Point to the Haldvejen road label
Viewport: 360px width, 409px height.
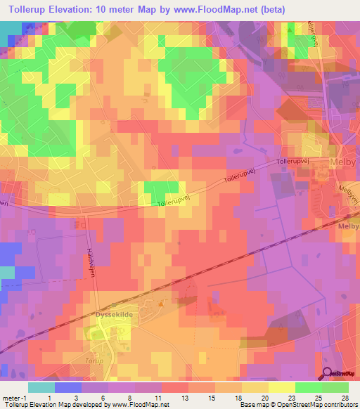pyautogui.click(x=91, y=265)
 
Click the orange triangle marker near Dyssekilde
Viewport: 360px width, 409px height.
pyautogui.click(x=161, y=304)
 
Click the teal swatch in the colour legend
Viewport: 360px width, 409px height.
pyautogui.click(x=41, y=387)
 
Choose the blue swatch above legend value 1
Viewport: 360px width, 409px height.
pyautogui.click(x=68, y=387)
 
